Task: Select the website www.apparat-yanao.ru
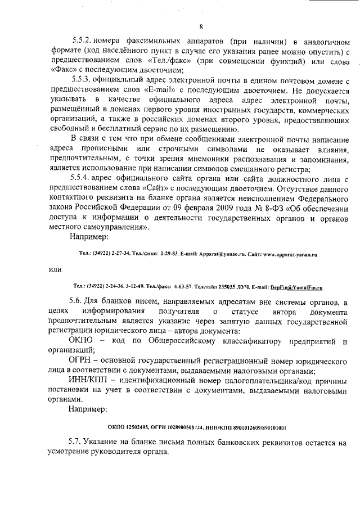(x=291, y=254)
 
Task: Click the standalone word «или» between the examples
(x=55, y=270)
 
